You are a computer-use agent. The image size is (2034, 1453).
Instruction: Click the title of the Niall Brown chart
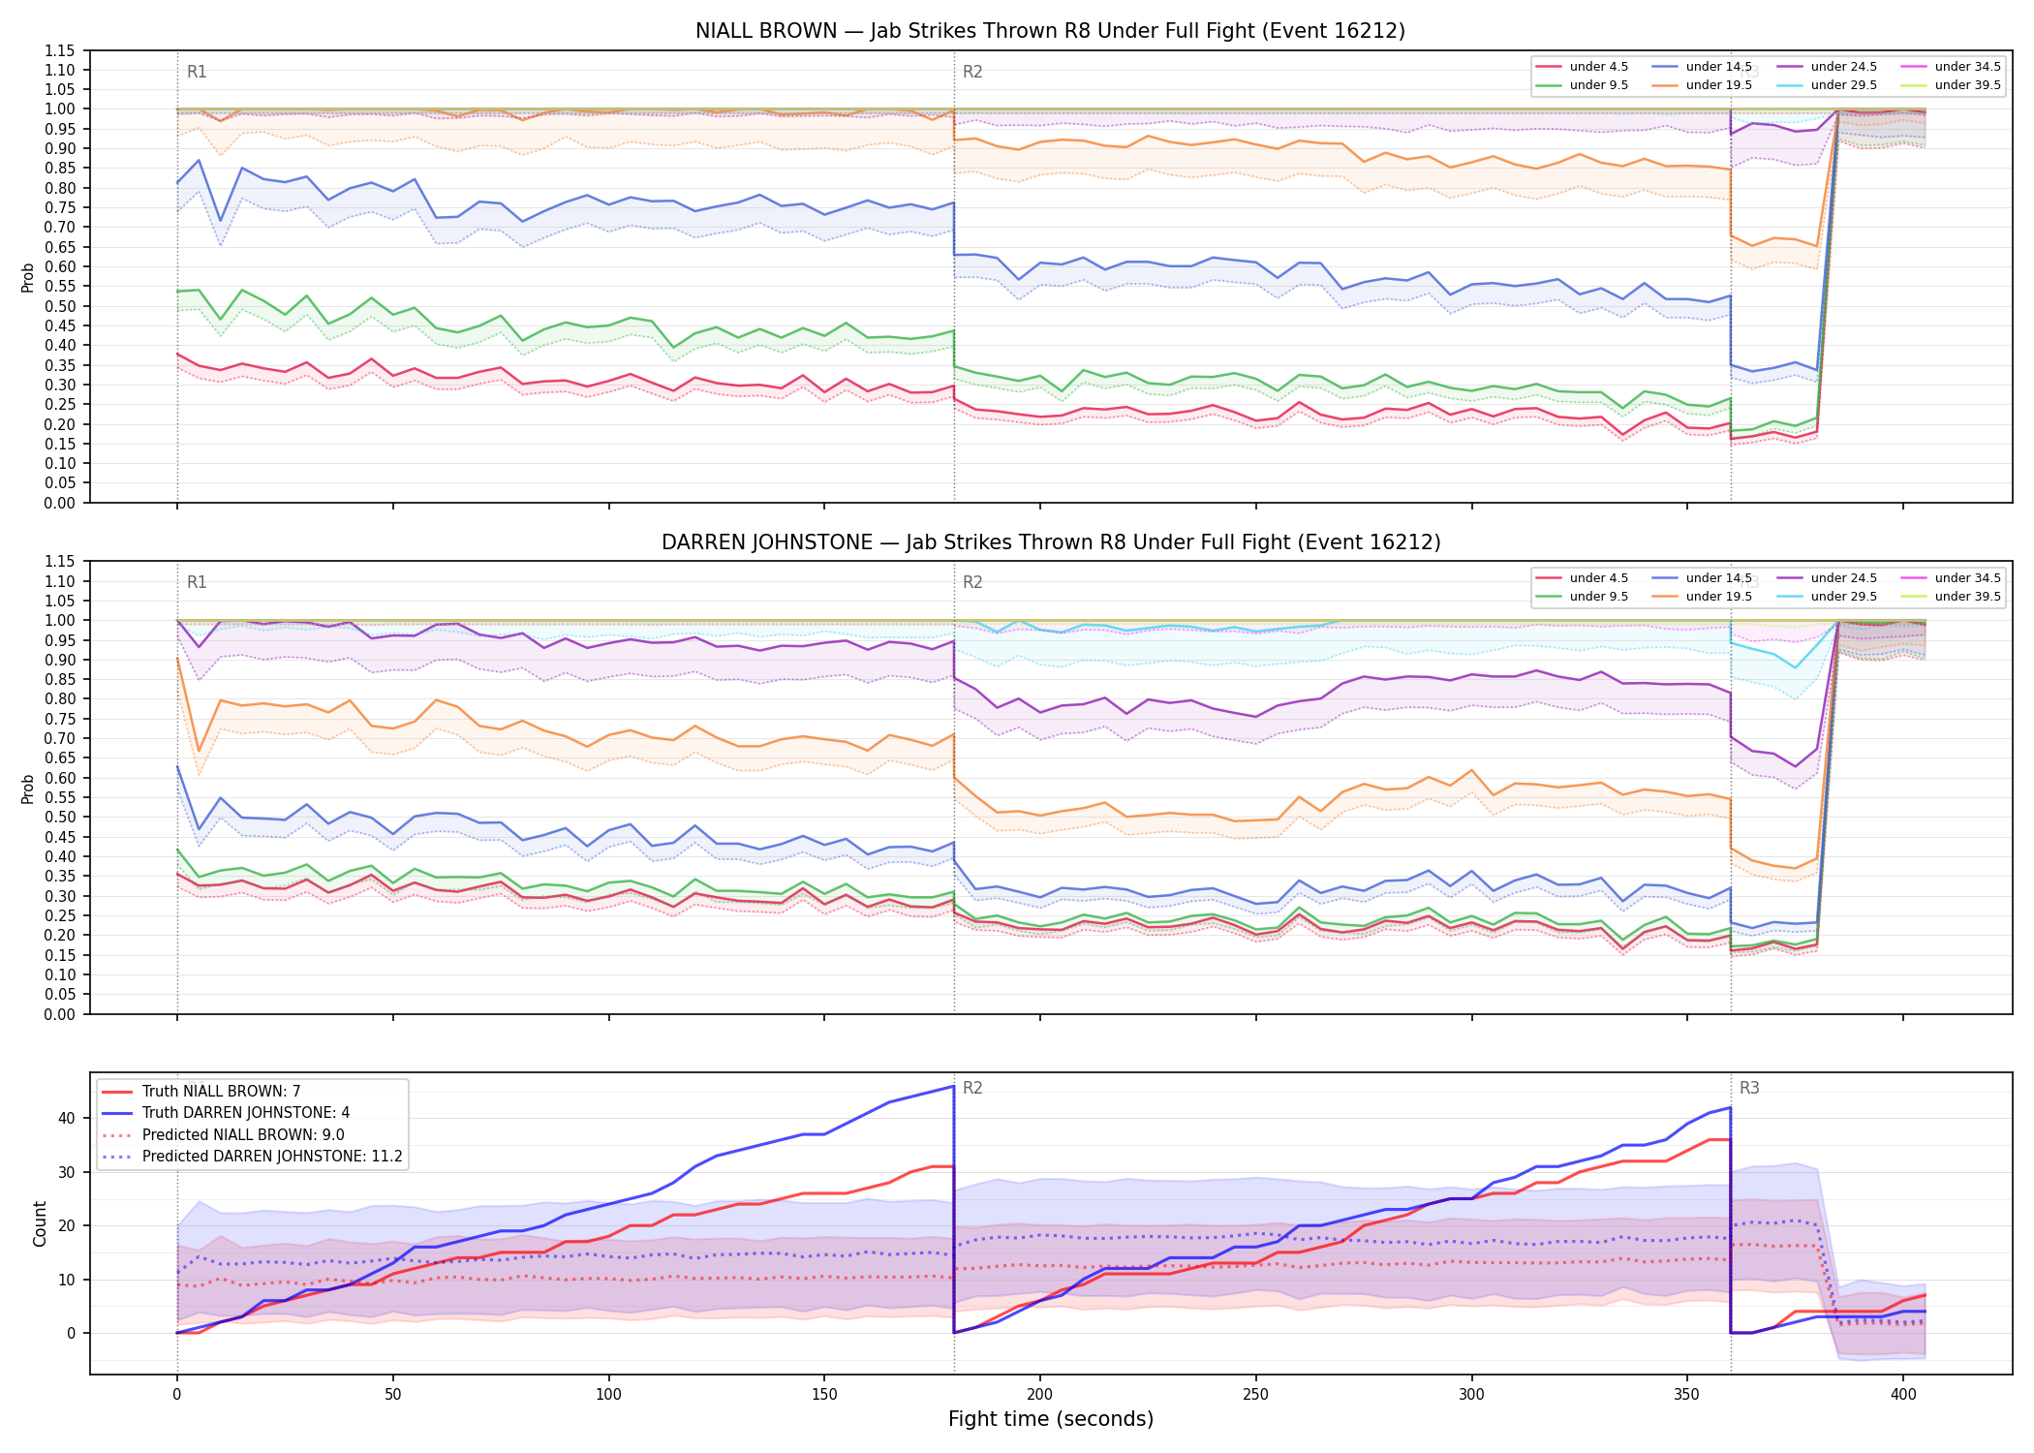click(x=1050, y=31)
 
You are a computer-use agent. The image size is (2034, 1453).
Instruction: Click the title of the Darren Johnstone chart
click(x=1051, y=542)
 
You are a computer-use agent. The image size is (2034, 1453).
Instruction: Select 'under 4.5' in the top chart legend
click(x=1599, y=67)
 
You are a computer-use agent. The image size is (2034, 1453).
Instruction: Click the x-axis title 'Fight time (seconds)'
click(x=1051, y=1419)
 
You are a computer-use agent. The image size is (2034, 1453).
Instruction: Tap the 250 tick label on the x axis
click(x=1255, y=1395)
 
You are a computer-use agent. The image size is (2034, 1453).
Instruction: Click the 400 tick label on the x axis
click(x=1903, y=1395)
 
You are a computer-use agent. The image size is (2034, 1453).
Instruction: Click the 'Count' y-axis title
click(x=41, y=1223)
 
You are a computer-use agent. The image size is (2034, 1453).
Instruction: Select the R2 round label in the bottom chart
click(x=972, y=1088)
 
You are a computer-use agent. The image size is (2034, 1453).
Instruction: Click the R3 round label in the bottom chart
click(x=1749, y=1088)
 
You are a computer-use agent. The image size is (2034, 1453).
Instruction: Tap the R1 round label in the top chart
click(x=197, y=72)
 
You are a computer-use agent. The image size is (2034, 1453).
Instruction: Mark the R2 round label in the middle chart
click(x=972, y=582)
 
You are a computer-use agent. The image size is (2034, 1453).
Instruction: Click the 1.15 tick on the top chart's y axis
click(x=61, y=50)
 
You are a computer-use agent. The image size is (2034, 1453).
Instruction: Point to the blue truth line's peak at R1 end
click(x=954, y=1086)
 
